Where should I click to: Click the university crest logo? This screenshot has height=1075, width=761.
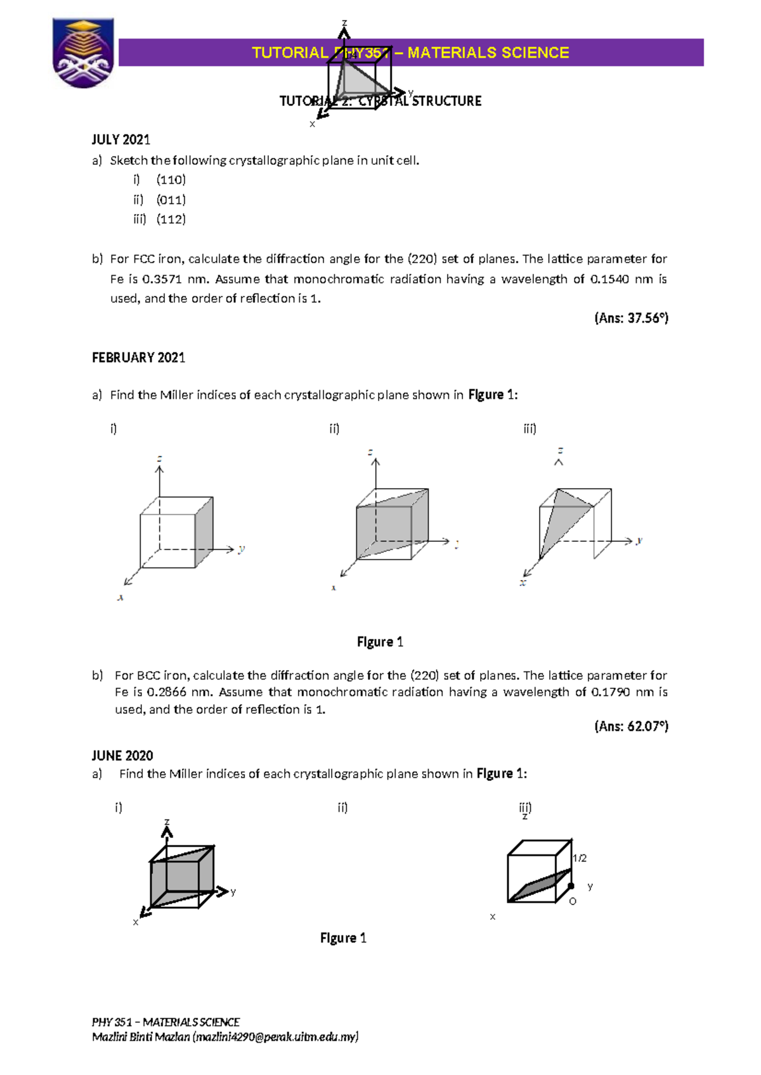click(83, 53)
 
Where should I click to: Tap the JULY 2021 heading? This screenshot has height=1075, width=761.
click(120, 139)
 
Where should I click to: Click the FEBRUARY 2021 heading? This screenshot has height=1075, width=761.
click(138, 357)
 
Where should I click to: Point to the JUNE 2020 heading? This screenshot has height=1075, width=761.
click(122, 756)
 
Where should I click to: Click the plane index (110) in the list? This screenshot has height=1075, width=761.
click(171, 179)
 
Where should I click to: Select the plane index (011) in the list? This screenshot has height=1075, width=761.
click(171, 200)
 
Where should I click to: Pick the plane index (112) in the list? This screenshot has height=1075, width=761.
click(171, 219)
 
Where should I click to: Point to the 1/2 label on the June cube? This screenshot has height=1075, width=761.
click(580, 858)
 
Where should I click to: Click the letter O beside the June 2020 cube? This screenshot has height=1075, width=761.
click(573, 901)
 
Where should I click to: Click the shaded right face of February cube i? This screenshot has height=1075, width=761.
click(204, 532)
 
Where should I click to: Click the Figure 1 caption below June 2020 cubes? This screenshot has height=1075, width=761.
click(343, 938)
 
